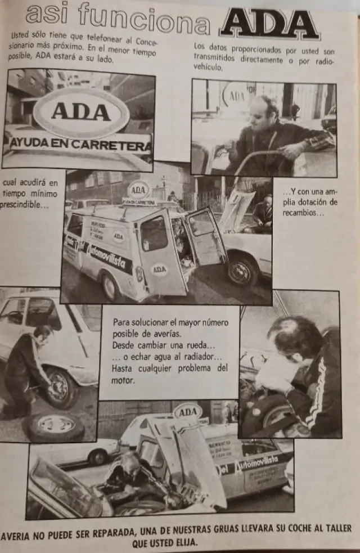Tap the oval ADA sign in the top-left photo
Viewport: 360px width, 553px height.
(81, 111)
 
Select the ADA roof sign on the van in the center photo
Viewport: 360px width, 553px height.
(138, 190)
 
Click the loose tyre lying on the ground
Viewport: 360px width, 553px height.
(56, 427)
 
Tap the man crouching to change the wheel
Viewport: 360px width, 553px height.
(28, 371)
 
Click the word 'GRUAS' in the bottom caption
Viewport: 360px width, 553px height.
(211, 529)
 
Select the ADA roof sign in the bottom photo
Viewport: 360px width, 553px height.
(187, 412)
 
